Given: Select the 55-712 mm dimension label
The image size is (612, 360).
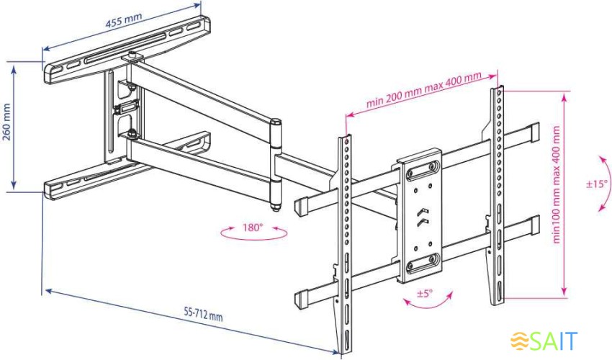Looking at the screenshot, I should point(203,315).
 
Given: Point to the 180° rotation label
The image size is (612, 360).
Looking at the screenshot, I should point(252,228).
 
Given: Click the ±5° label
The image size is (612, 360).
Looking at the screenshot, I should point(426,293).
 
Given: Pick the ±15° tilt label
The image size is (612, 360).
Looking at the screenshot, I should point(597,184).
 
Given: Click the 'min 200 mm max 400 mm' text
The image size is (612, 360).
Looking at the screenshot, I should point(423,89).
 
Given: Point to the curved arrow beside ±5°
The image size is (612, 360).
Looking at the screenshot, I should point(428,302).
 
